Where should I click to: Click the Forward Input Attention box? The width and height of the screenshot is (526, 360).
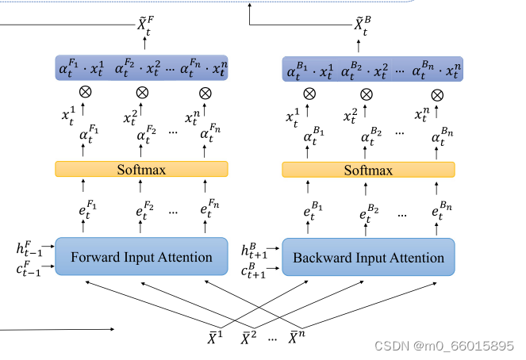[x=141, y=257]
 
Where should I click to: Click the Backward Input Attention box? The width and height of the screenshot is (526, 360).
[x=368, y=258]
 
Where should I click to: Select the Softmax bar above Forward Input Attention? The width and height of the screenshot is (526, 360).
[x=141, y=169]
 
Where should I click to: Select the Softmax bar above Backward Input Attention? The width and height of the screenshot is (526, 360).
[x=368, y=170]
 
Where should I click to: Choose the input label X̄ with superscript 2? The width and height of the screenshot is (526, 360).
[x=248, y=339]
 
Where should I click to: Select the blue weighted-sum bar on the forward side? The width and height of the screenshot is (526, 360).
[x=141, y=68]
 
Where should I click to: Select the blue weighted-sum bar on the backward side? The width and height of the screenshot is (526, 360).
[x=372, y=70]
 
